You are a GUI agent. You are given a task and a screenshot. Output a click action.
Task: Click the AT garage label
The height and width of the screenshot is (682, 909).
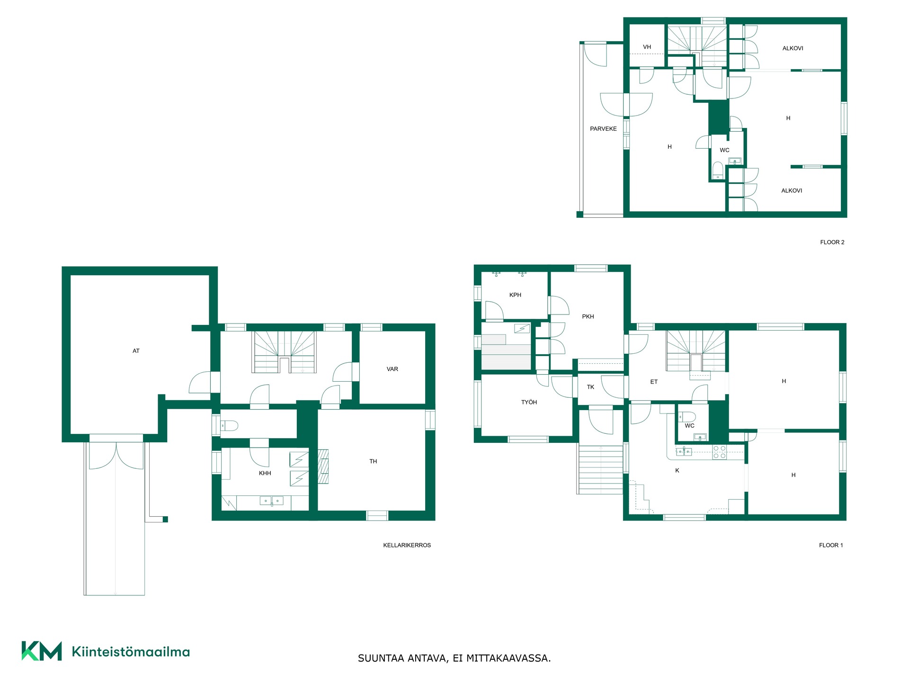(x=136, y=351)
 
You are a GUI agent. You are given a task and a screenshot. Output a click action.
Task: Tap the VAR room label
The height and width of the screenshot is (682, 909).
(x=392, y=369)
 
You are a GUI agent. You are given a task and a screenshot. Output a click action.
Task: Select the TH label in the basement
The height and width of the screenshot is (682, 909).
(x=373, y=461)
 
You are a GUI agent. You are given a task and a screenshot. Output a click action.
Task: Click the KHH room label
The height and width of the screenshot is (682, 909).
(x=265, y=473)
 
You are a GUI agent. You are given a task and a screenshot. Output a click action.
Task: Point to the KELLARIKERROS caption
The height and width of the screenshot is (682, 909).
(x=407, y=545)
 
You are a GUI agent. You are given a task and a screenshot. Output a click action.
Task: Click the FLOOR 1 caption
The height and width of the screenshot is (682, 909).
(x=831, y=545)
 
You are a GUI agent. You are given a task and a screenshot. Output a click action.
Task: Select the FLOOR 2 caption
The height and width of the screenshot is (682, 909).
(x=832, y=242)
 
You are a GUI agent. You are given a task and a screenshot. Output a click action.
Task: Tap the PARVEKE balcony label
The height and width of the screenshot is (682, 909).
(x=603, y=129)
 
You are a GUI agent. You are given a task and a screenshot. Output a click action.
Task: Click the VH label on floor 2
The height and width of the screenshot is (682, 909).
(x=647, y=47)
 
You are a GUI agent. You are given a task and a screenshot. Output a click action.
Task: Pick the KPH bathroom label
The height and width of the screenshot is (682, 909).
(x=515, y=295)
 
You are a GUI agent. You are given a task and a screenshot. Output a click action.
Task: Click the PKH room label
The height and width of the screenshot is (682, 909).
(x=588, y=316)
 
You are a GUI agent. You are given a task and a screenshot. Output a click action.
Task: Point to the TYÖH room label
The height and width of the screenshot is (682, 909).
(x=529, y=402)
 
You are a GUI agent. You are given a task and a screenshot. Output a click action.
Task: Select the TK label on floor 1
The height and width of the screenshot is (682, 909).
(x=590, y=387)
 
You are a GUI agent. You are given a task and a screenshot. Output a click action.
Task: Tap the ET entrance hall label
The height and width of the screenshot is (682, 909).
(x=654, y=382)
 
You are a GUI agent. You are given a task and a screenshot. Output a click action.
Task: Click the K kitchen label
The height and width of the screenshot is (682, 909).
(x=677, y=470)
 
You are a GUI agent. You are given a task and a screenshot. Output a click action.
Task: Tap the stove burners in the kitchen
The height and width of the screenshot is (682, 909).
(x=720, y=452)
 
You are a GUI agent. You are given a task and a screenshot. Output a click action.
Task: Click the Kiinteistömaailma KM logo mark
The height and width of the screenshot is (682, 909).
(x=42, y=651)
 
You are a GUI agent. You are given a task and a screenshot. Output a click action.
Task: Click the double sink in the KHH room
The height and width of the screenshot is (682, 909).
(x=272, y=501)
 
